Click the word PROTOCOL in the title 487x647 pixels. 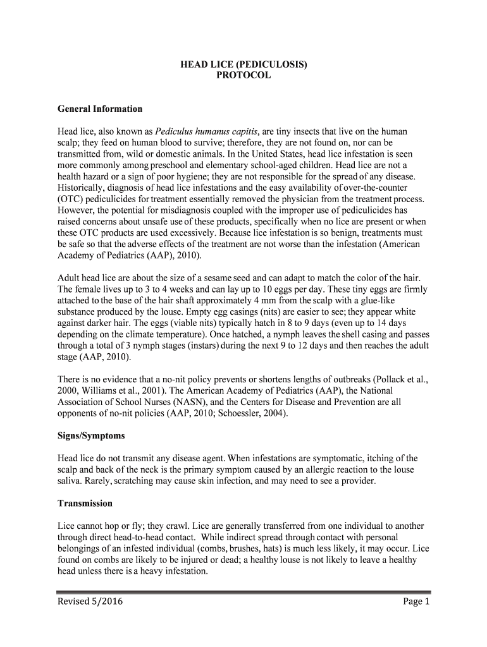click(x=244, y=75)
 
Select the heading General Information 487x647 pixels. click(x=100, y=109)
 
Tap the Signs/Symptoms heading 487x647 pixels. click(x=91, y=436)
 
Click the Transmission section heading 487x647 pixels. click(x=85, y=504)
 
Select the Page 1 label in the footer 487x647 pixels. click(x=416, y=602)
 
